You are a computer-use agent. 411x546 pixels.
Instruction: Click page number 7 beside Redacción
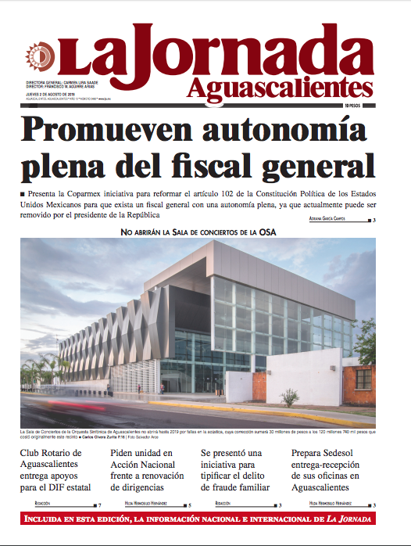click(99, 506)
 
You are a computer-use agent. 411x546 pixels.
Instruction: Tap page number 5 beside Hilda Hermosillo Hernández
click(189, 506)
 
